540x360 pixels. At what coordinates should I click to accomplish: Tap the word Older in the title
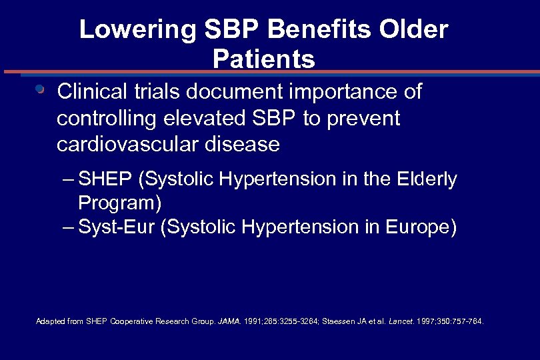click(x=415, y=30)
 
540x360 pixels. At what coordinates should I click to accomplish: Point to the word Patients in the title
click(x=263, y=59)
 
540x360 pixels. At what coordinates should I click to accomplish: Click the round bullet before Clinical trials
click(x=40, y=89)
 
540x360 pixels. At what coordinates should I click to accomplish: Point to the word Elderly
click(x=427, y=179)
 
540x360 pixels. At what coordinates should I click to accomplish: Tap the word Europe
click(x=421, y=227)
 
